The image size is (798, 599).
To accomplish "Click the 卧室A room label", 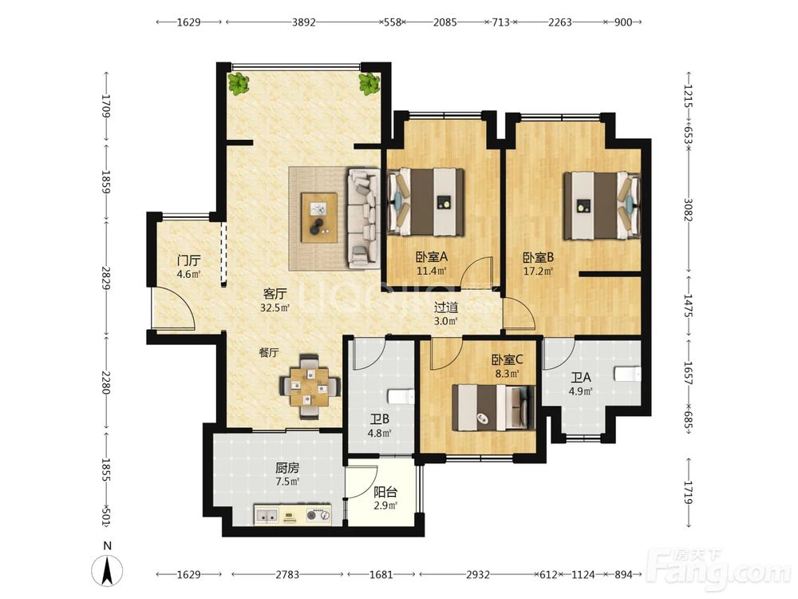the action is [432, 256].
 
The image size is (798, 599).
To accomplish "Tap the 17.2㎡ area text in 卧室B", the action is [538, 271].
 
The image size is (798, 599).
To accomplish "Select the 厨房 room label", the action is [287, 467].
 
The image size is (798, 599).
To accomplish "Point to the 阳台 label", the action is [385, 492].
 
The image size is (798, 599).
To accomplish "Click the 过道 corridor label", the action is [446, 307].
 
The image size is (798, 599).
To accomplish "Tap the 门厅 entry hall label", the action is [188, 261].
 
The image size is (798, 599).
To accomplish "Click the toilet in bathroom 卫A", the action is [627, 375].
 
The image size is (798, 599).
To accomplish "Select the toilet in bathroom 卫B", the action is [401, 397].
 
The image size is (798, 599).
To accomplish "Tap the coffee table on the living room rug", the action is [319, 217].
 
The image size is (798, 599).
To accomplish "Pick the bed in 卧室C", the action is [494, 407].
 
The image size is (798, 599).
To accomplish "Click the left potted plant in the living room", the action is [238, 84].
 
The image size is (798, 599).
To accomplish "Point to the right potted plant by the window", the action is [369, 84].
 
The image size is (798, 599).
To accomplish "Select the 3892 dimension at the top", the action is [304, 22].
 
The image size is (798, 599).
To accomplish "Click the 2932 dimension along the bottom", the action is [478, 574].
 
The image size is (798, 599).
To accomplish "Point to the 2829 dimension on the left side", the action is [106, 278].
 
